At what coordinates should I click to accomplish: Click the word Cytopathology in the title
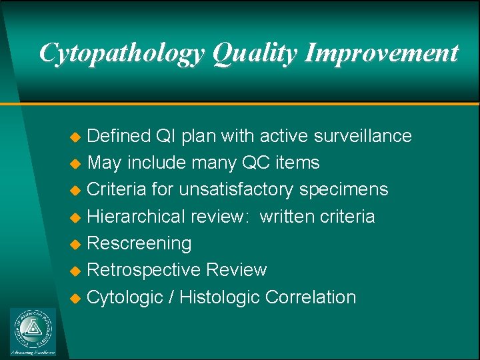(x=121, y=53)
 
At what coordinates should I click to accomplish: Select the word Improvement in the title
(x=381, y=53)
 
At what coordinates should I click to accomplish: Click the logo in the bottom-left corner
(x=33, y=331)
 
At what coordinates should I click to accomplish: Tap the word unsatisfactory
(x=236, y=189)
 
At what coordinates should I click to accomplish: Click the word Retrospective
(x=143, y=270)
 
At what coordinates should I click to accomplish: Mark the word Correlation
(x=310, y=297)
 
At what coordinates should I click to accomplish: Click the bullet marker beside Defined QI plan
(x=76, y=137)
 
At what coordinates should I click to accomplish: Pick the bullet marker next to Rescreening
(x=76, y=245)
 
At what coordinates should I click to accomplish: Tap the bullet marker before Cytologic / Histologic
(x=76, y=298)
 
